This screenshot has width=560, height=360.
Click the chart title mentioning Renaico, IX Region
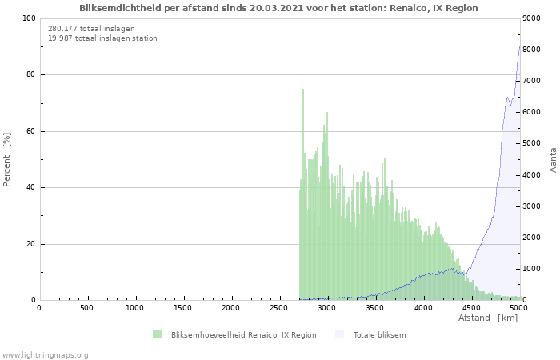[278, 8]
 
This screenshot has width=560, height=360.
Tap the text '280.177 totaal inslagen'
[91, 28]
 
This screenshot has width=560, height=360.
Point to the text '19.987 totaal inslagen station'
[102, 38]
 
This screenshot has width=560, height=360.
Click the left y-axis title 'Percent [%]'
[7, 160]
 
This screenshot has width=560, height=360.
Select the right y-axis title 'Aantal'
[553, 158]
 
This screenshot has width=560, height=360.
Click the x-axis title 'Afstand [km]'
[487, 318]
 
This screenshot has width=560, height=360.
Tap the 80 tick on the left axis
[30, 75]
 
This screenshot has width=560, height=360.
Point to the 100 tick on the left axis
[28, 18]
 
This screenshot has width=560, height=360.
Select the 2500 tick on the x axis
[279, 308]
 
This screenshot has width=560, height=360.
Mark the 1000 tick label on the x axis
[135, 308]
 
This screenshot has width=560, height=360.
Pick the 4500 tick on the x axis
[471, 308]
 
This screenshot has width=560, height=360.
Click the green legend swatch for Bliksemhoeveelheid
[157, 334]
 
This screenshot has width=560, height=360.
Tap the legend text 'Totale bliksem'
[379, 335]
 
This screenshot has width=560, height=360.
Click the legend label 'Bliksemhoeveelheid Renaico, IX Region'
[243, 335]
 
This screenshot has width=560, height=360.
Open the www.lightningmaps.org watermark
[46, 354]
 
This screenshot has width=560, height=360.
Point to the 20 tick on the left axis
[30, 244]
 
